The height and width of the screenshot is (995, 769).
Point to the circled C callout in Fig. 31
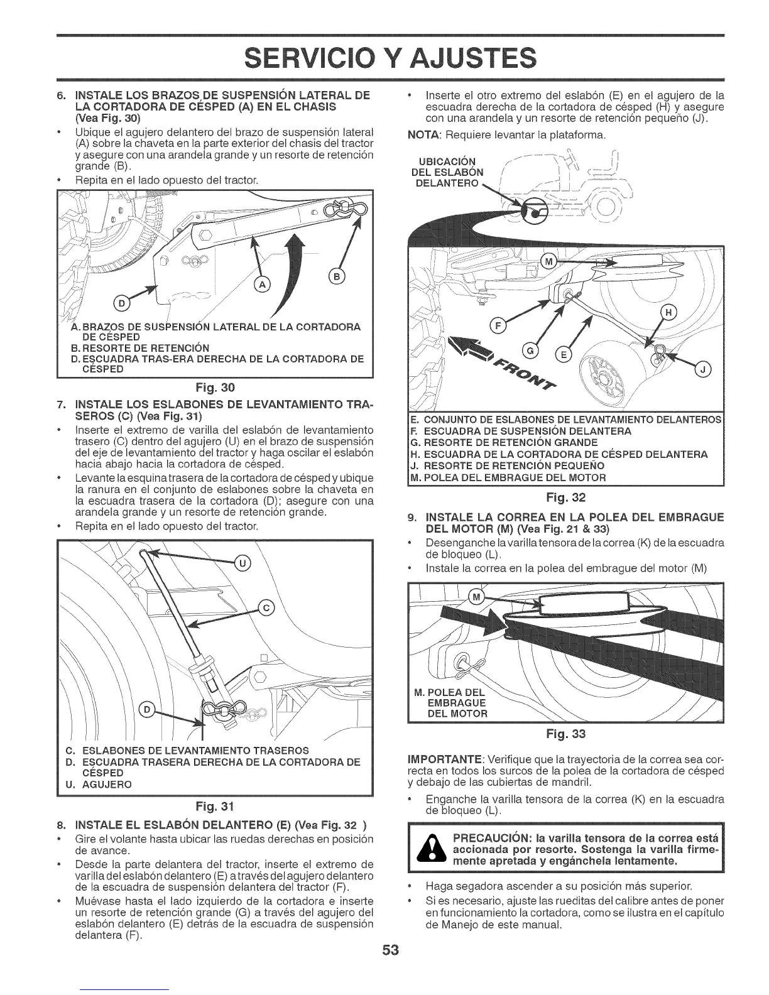266,607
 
